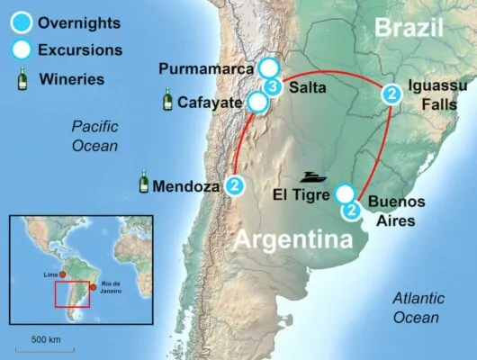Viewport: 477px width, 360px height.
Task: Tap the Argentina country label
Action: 293,240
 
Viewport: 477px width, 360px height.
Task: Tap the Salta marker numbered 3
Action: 274,86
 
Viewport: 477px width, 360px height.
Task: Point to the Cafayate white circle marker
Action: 257,103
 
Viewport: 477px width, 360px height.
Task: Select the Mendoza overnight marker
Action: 235,186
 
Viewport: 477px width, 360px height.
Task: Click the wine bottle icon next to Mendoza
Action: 143,183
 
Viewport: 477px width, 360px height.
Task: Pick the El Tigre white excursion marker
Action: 343,193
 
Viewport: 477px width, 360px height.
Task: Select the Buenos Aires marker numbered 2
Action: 353,210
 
